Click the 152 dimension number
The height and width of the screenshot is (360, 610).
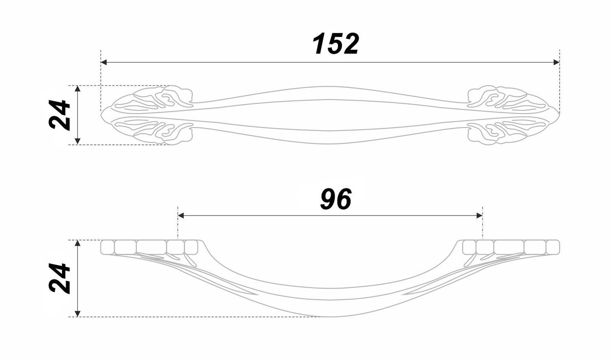(x=335, y=44)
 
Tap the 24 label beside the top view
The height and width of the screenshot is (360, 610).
(x=59, y=115)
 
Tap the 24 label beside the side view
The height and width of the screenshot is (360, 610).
(x=59, y=278)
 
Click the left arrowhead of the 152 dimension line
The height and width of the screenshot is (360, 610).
(x=104, y=62)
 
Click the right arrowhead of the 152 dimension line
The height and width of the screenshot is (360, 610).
(x=557, y=62)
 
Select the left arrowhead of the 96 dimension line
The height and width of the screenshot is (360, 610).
(x=181, y=216)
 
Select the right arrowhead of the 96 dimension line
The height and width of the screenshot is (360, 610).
(x=479, y=216)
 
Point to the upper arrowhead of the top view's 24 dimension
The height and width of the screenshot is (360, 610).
(x=78, y=89)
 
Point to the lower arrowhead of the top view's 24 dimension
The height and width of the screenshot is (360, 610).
(x=78, y=141)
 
